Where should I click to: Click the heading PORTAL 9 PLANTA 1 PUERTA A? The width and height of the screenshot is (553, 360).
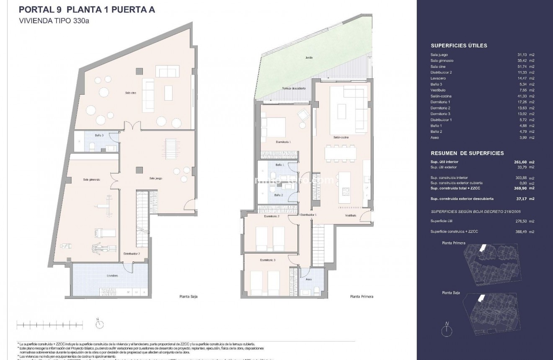coord(87,9)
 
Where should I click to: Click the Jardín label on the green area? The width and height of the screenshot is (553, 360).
coord(309,58)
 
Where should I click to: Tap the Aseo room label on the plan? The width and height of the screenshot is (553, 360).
coord(309,279)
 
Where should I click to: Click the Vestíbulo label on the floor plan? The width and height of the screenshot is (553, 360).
coord(351,215)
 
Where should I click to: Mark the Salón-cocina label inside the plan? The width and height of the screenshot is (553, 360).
coord(341,137)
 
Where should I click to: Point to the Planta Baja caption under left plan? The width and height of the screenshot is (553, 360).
coord(186,296)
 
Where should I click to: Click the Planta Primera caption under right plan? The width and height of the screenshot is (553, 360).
coord(361,296)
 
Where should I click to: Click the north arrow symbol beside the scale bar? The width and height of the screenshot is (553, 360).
coord(99,323)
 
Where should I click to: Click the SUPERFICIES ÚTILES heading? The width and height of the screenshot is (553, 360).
coord(459,46)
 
